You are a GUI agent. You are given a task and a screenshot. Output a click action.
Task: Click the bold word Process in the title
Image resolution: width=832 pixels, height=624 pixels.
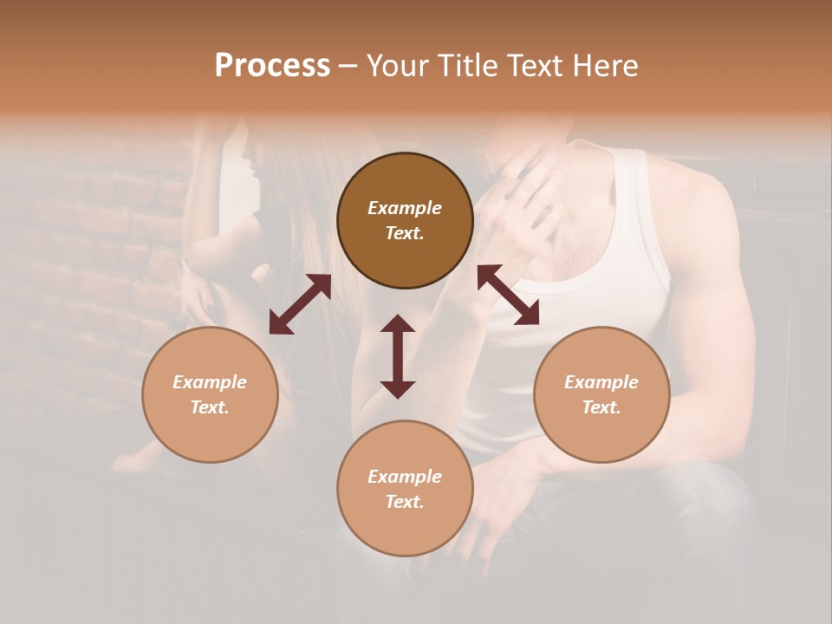pyautogui.click(x=272, y=66)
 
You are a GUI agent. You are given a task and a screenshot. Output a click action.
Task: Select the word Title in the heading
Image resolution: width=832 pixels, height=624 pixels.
pyautogui.click(x=469, y=66)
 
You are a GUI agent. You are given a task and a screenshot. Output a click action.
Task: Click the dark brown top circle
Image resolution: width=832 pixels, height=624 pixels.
pyautogui.click(x=405, y=220)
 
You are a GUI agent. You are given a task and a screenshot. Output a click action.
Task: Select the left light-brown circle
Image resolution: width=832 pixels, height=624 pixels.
pyautogui.click(x=210, y=395)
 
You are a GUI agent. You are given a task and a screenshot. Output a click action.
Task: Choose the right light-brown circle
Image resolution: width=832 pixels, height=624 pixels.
pyautogui.click(x=601, y=395)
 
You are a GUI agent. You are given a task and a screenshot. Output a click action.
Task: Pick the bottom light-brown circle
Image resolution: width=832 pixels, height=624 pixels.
pyautogui.click(x=405, y=489)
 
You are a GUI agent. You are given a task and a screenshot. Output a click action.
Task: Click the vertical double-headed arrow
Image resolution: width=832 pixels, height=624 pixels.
pyautogui.click(x=398, y=356)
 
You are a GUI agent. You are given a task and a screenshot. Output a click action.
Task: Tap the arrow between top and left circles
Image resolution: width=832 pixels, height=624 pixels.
pyautogui.click(x=300, y=304)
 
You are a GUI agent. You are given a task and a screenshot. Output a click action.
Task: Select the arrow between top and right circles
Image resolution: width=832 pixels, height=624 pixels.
pyautogui.click(x=509, y=295)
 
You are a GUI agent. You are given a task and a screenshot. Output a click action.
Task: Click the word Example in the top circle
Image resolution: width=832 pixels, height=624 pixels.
pyautogui.click(x=405, y=208)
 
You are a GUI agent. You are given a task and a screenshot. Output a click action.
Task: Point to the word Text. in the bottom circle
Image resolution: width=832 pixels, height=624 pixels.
pyautogui.click(x=405, y=502)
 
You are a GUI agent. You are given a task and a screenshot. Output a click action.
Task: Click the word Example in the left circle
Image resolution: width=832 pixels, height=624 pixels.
pyautogui.click(x=210, y=382)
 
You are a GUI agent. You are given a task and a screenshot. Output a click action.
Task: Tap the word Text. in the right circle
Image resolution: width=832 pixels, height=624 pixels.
pyautogui.click(x=601, y=407)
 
